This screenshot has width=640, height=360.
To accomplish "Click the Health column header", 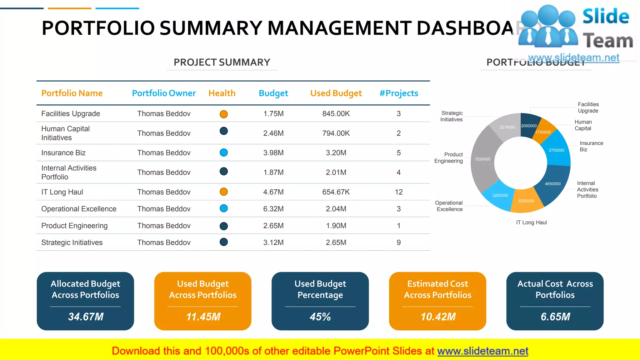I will (222, 93).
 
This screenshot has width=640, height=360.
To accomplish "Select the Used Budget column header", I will (336, 93).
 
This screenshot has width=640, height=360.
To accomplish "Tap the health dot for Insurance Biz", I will (224, 152).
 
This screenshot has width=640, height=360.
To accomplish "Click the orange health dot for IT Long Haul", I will (224, 192).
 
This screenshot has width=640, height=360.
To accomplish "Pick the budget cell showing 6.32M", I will (273, 209).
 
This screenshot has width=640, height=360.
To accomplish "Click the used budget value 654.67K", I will (336, 192).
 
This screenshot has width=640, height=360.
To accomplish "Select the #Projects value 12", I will (398, 192).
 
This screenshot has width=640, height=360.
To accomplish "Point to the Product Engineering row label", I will (74, 226).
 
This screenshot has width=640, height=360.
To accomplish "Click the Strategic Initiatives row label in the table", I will (72, 242).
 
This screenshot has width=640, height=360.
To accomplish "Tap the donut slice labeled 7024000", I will (483, 159).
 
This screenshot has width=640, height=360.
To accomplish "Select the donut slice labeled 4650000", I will (553, 183).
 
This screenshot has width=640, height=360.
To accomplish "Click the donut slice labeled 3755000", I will (557, 150).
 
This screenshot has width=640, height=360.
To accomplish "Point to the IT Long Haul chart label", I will (531, 222).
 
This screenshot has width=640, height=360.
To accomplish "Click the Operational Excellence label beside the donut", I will (449, 206).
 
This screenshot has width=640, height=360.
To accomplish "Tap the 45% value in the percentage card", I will (320, 317).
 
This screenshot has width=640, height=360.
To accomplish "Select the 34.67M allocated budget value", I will (86, 317).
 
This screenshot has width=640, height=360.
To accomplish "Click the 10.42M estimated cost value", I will (438, 317).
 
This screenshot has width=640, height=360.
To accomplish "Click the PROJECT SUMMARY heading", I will (222, 62).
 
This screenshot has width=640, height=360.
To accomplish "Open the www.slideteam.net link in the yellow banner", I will (483, 351).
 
